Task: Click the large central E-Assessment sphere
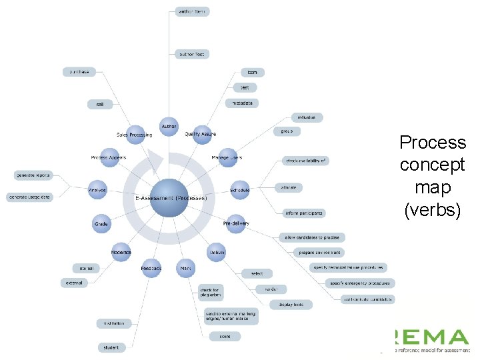168,197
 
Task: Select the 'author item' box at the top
192,11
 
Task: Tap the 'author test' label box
192,54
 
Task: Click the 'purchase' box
79,71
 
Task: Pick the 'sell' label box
99,104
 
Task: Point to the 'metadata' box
241,103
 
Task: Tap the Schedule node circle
239,190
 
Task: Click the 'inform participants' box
304,213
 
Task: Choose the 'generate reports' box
33,175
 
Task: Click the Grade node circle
101,224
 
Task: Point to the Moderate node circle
121,252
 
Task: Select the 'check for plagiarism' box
211,292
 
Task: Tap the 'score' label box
225,336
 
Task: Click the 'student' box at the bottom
110,347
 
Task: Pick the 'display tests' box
291,305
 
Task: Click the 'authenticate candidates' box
367,299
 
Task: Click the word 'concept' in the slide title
433,165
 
